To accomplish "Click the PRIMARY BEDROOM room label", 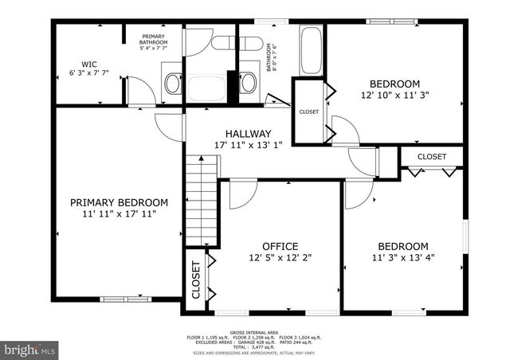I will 118,202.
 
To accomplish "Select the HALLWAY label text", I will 248,134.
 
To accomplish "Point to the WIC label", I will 88,65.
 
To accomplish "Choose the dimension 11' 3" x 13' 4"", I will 402,257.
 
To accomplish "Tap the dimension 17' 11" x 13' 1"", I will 248,145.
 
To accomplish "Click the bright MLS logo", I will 30,349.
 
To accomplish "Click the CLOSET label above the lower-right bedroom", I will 432,157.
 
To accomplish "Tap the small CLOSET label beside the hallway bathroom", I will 309,112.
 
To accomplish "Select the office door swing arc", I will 241,195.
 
